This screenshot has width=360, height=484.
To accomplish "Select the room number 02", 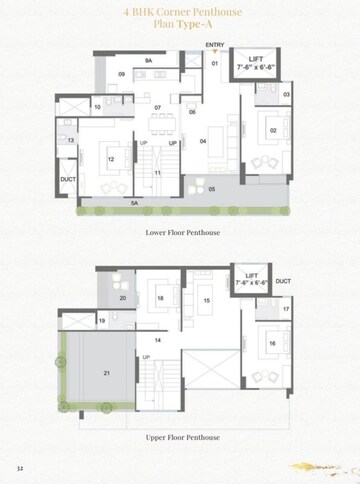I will click(273, 130).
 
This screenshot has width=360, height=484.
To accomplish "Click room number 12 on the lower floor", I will click(111, 159).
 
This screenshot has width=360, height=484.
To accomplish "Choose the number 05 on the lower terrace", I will click(211, 188).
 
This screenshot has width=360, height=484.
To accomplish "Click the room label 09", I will click(121, 74).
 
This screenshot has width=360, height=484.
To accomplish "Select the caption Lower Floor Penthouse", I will click(181, 232).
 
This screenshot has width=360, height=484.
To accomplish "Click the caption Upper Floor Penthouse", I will click(181, 438).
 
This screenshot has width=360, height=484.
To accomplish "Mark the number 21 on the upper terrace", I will click(107, 373).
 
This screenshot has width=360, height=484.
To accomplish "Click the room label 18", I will click(160, 298).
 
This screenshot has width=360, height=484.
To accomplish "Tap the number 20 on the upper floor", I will click(123, 298).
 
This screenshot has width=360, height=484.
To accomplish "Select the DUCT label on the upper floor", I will click(283, 281).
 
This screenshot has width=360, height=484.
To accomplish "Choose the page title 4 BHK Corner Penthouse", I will click(180, 13).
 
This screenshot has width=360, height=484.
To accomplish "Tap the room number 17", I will click(286, 310).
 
